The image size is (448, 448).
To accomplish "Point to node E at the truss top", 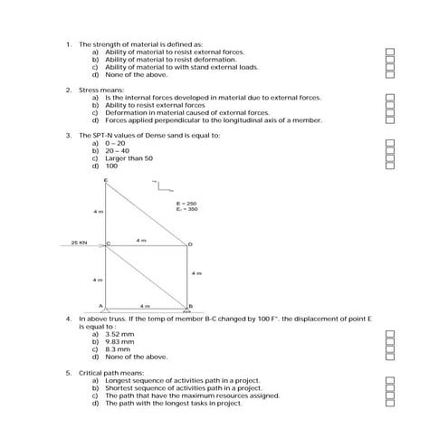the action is coord(106,181).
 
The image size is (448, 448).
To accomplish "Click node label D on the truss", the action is coord(189,244).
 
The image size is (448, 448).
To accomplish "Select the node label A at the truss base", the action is coord(100,305).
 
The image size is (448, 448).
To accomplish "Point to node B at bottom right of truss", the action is coord(189,306).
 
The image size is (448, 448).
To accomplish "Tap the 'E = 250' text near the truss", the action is coord(186,204).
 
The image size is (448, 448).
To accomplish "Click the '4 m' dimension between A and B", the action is coord(144,306).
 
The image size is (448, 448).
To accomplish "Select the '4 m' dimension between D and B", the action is coord(196,272).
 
